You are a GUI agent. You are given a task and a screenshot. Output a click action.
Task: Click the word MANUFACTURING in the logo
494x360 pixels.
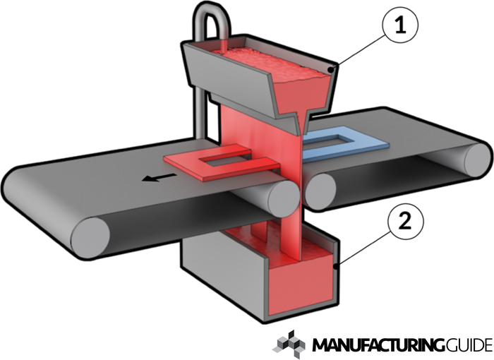[x=377, y=345]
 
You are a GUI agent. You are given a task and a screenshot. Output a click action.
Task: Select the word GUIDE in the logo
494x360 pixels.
[x=469, y=345]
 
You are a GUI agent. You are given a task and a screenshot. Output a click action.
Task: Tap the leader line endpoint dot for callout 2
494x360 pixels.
[x=332, y=267]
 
